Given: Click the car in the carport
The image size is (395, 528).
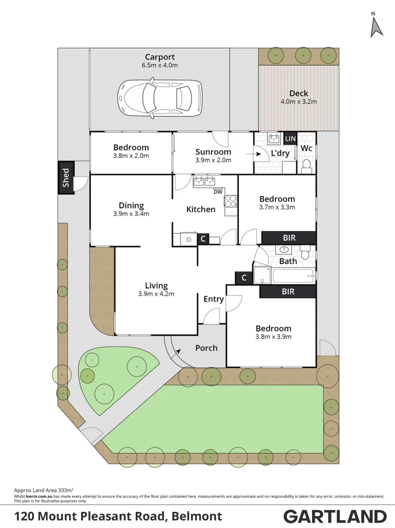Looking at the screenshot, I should (x=160, y=99).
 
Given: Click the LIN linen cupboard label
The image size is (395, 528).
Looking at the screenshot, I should (x=291, y=139).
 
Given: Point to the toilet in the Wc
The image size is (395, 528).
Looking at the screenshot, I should (x=307, y=166).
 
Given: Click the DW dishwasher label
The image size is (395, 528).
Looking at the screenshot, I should (x=218, y=192).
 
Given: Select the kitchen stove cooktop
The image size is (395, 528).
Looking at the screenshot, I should (x=230, y=200).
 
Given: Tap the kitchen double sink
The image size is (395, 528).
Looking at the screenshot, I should (x=205, y=182).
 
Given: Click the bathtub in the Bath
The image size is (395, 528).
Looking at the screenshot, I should (x=293, y=276).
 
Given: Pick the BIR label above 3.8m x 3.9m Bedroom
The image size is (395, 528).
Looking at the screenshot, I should (x=288, y=291).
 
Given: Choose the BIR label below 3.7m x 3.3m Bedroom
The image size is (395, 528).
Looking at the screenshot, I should (x=289, y=238).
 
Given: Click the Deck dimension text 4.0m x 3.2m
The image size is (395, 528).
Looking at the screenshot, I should (x=298, y=102).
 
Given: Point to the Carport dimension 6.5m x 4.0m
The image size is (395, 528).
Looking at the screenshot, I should (x=160, y=65).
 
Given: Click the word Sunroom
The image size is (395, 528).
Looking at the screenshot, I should (x=213, y=152).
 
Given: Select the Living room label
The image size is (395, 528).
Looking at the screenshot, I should (x=156, y=286).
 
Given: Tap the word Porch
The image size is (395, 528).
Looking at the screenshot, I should (x=206, y=348).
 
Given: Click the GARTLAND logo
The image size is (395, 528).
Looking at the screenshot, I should (x=335, y=516).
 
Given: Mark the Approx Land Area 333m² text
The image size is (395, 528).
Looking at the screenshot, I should (x=44, y=489).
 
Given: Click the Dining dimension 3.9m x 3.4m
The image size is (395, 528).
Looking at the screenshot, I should (x=131, y=214).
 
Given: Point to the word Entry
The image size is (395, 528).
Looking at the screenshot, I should (x=213, y=299).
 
